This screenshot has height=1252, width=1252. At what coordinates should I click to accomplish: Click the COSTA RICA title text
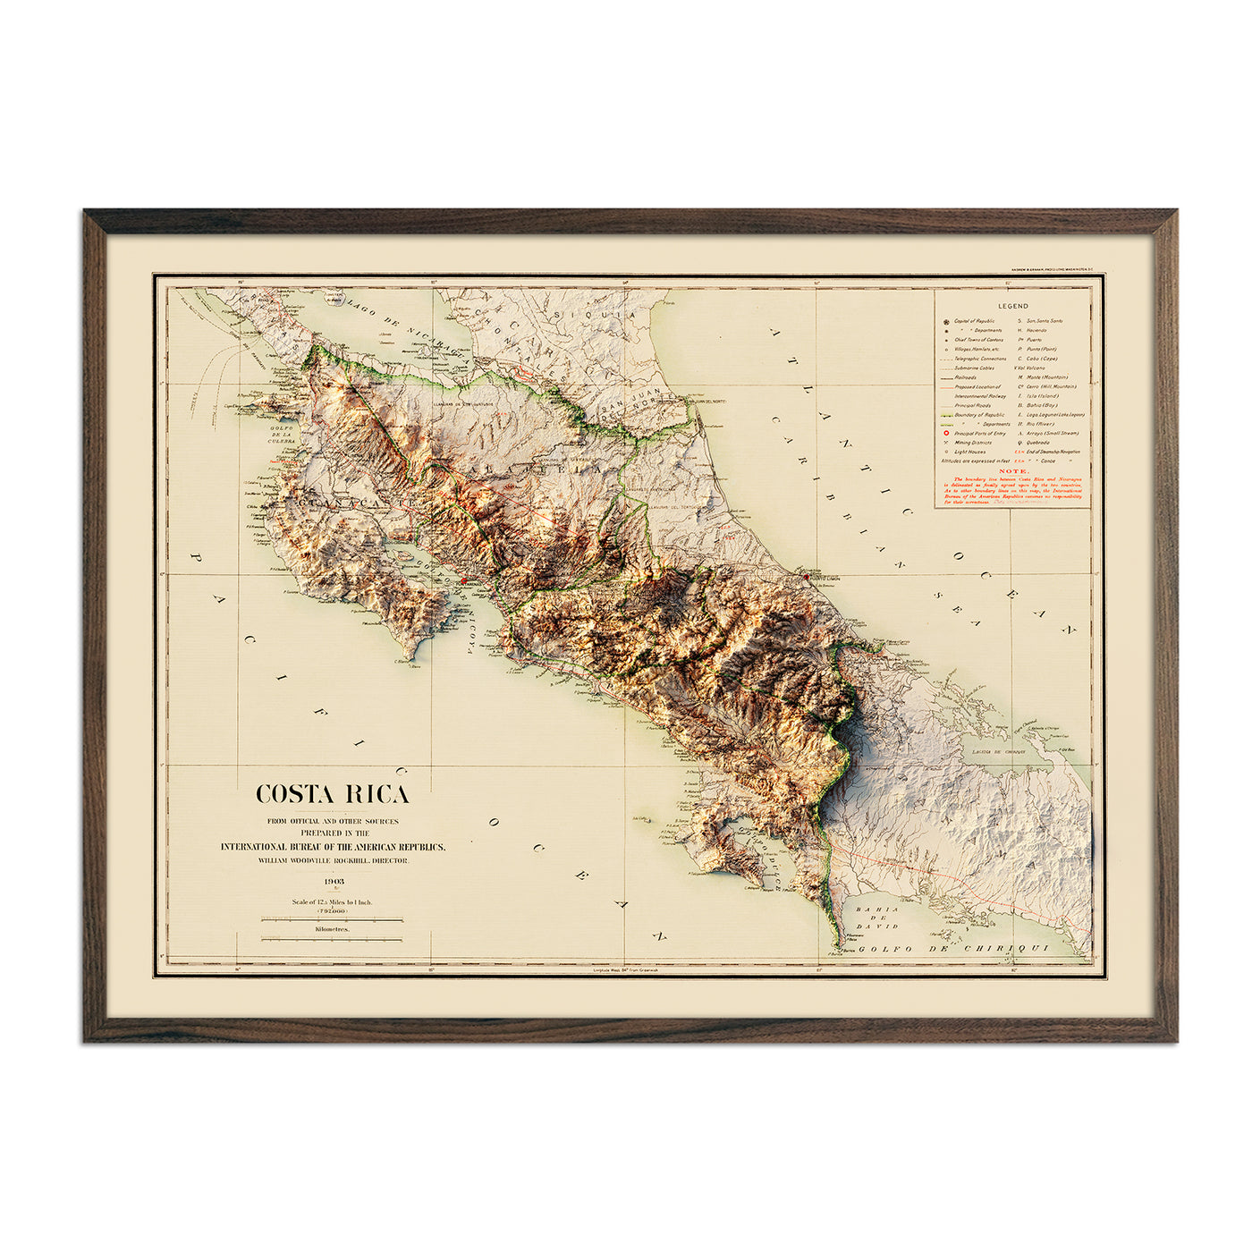(333, 794)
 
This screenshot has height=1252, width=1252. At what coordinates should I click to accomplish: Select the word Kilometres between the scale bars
(333, 929)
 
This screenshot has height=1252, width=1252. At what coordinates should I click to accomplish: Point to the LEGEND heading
(1013, 306)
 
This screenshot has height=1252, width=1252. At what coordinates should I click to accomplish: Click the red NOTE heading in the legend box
(1013, 470)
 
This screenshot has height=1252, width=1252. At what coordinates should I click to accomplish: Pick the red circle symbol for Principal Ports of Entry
(945, 433)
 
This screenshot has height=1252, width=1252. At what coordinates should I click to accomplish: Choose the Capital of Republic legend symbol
(945, 321)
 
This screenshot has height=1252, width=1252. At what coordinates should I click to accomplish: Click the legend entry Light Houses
(969, 452)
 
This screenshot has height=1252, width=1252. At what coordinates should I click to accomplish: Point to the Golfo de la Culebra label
(282, 434)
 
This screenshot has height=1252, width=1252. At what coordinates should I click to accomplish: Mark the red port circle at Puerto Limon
(806, 578)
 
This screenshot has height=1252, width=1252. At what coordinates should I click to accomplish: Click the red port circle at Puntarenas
(461, 582)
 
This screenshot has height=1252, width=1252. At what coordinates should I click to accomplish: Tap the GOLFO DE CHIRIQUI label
(952, 949)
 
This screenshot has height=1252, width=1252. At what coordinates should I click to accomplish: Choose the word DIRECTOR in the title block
(389, 860)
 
